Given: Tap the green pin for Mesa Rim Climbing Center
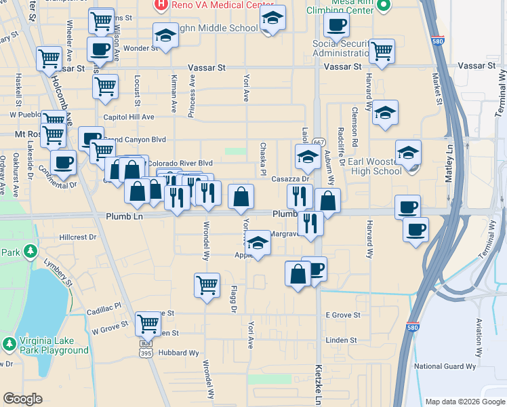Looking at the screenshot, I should tap(384, 6).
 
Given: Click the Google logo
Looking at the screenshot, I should tap(22, 398).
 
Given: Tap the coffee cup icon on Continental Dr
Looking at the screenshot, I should tap(64, 163).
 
